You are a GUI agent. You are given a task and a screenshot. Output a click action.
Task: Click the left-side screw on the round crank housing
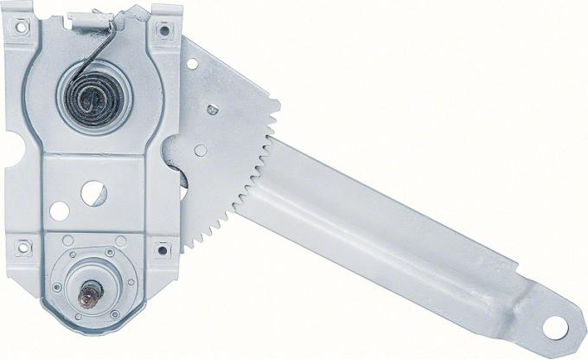tap(57, 287)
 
